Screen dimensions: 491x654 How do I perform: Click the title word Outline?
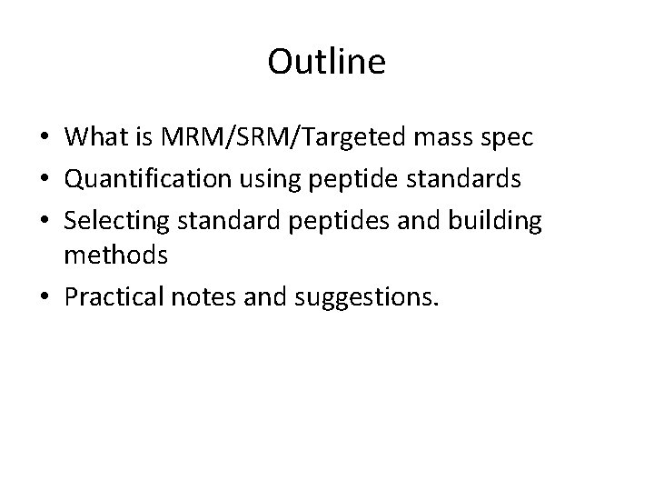(327, 62)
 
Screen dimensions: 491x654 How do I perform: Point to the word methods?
(116, 256)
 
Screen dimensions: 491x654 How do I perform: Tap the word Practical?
(113, 296)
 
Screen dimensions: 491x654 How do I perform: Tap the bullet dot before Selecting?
(45, 220)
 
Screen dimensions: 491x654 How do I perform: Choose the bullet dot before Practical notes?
(45, 296)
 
